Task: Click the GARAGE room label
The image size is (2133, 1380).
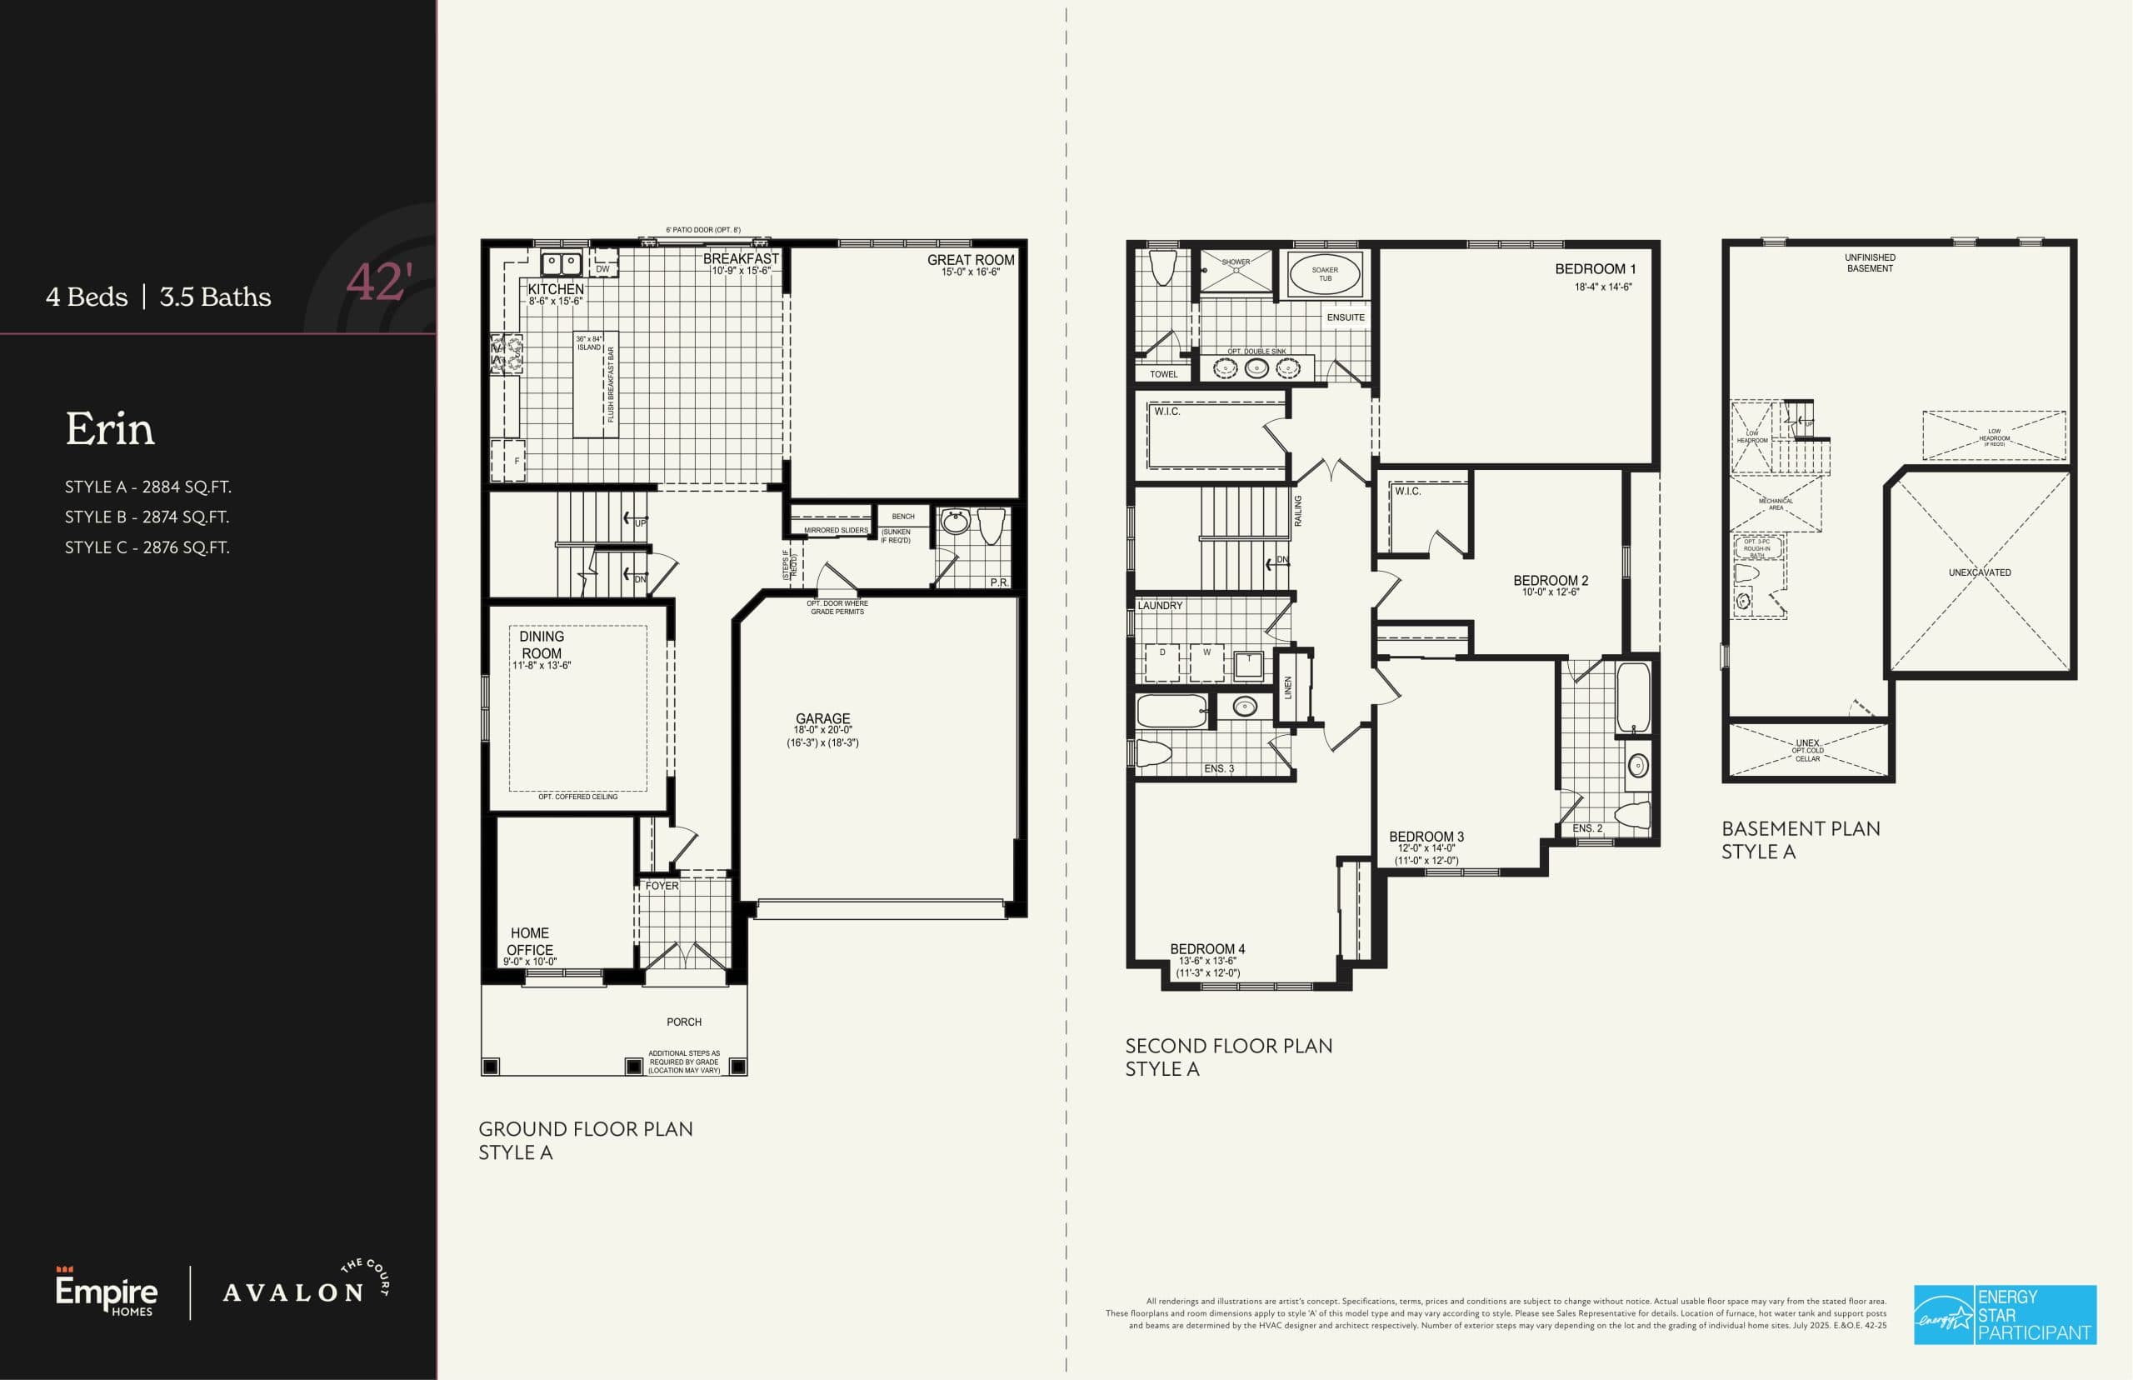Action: [x=822, y=718]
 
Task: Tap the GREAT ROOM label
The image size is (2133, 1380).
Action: [x=970, y=261]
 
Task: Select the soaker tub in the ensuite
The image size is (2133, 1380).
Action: [x=1324, y=274]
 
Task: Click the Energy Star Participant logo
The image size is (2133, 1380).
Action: [x=2005, y=1315]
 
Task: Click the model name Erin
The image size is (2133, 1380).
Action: [x=109, y=430]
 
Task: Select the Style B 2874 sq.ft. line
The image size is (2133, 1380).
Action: [x=147, y=517]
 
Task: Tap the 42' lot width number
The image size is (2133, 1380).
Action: [x=378, y=282]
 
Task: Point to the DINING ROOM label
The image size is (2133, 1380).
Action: [x=541, y=645]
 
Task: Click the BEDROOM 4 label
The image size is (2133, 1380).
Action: [x=1206, y=949]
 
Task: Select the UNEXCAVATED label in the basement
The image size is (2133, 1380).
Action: [x=1979, y=572]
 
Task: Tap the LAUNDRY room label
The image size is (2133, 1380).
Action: [x=1159, y=606]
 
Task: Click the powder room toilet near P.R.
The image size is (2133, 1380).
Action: [x=991, y=527]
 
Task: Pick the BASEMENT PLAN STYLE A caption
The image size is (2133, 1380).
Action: [x=1800, y=840]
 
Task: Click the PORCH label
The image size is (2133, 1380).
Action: [x=683, y=1022]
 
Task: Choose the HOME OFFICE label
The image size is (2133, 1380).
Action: [x=529, y=941]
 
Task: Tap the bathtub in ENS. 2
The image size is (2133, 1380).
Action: [x=1633, y=699]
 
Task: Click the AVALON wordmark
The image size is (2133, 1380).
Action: [x=293, y=1293]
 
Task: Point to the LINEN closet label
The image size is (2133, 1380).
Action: [x=1288, y=688]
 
